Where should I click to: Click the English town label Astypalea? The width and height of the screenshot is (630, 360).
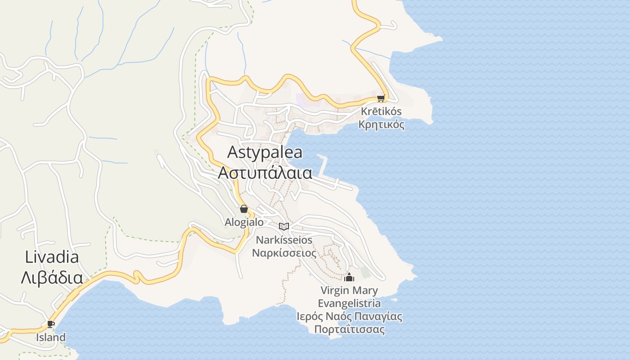tap(265, 152)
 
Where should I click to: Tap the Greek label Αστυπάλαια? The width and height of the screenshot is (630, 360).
tap(265, 172)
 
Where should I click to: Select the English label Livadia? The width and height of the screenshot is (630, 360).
tap(52, 257)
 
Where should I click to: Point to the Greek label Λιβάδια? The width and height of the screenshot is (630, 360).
tap(52, 278)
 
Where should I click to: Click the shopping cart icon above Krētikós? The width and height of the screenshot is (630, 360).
tap(381, 98)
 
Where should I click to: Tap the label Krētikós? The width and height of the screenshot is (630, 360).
tap(381, 111)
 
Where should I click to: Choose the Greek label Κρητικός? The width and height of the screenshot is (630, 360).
tap(381, 124)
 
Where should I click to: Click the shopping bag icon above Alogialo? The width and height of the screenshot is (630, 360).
tap(243, 209)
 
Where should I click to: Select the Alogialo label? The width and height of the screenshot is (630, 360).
tap(244, 222)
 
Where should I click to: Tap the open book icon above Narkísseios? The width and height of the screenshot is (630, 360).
tap(283, 226)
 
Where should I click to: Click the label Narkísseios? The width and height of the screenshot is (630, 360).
tap(284, 240)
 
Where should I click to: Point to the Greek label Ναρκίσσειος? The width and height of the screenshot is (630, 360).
tap(284, 253)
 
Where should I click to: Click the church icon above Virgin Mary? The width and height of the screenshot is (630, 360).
tap(349, 277)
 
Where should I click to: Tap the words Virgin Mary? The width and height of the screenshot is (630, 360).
tap(349, 290)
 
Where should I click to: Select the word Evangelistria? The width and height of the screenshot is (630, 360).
tap(349, 303)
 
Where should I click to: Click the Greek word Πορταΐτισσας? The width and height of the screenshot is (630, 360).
tap(349, 329)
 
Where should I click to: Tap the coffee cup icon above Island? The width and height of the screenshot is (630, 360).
tap(50, 324)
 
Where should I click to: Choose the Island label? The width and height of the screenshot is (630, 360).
tap(51, 337)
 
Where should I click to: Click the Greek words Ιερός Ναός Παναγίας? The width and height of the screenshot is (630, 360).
tap(349, 316)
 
